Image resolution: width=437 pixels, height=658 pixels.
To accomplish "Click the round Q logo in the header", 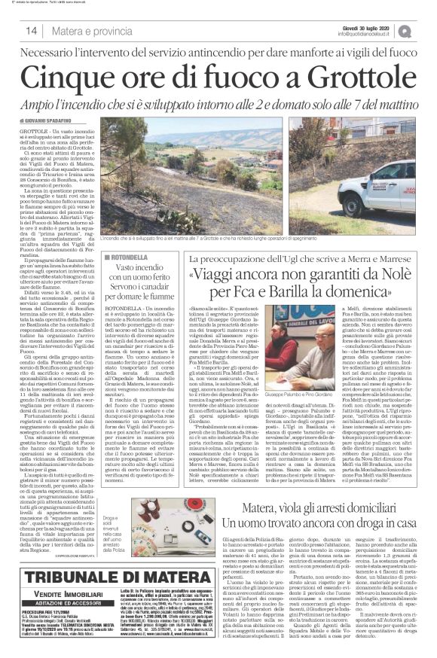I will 426,30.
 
